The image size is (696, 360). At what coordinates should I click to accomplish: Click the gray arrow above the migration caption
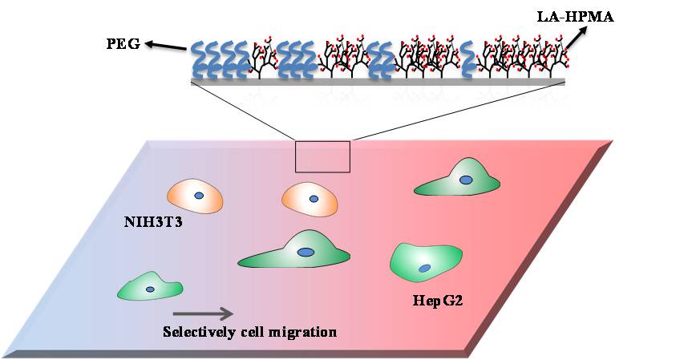(x=203, y=313)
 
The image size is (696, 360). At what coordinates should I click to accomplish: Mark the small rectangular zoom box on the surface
(x=322, y=156)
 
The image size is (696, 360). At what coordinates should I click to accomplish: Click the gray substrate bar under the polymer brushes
(x=378, y=81)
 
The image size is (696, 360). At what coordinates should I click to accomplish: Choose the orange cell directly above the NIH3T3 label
(x=195, y=196)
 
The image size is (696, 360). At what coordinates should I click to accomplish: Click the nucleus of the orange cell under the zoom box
(x=314, y=198)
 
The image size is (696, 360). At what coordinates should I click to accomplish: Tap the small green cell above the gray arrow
(x=151, y=288)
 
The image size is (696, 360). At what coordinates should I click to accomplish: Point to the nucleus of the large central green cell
(x=306, y=252)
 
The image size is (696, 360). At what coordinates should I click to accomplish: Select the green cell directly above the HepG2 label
(x=425, y=262)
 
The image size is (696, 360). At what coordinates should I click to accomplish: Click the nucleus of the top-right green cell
(x=465, y=181)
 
